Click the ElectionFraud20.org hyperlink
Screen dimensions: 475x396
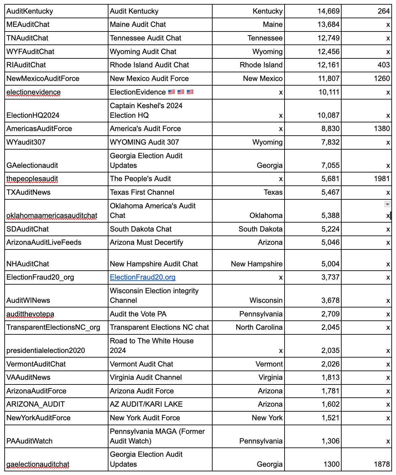pos(143,277)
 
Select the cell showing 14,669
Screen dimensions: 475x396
pos(328,11)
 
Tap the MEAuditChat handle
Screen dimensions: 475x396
pos(28,25)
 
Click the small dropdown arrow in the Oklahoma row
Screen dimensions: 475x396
pos(387,204)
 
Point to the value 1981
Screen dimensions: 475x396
pos(381,179)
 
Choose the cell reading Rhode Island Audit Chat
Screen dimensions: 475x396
pos(149,65)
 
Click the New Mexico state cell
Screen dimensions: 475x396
pos(263,79)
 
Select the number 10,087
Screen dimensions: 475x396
pos(328,115)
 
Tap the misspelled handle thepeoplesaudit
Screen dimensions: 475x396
pos(32,179)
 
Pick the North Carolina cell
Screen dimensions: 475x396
pos(259,327)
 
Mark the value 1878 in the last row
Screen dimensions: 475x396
pos(382,464)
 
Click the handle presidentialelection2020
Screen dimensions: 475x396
pos(46,351)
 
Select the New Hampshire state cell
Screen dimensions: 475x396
pos(257,264)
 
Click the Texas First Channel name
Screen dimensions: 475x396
pos(142,192)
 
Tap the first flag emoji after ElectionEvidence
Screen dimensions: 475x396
pos(171,92)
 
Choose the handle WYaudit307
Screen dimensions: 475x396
pos(26,142)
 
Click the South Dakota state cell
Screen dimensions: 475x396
pos(260,229)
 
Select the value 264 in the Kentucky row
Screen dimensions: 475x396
pos(384,11)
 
